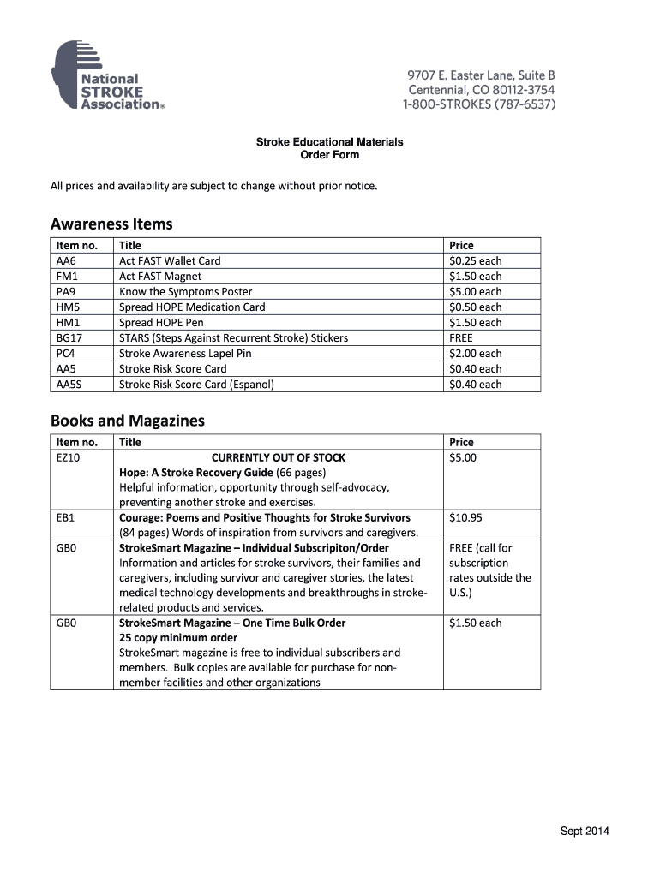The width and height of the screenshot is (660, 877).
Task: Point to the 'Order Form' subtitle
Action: coord(329,155)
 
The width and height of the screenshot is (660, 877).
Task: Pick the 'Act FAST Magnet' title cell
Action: coord(160,277)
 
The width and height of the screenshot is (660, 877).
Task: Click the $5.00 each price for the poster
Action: coord(475,292)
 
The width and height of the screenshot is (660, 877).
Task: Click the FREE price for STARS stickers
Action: coord(461,338)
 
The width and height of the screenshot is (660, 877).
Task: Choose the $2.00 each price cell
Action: coord(475,354)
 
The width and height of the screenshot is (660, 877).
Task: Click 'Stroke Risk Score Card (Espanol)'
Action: coord(196,385)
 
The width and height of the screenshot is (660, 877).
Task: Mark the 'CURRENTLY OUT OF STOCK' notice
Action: coord(279,458)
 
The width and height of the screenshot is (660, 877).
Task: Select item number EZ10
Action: coord(69,458)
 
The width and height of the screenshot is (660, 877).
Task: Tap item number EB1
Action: coord(66,518)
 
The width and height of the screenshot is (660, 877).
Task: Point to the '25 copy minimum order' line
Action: coord(178,638)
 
